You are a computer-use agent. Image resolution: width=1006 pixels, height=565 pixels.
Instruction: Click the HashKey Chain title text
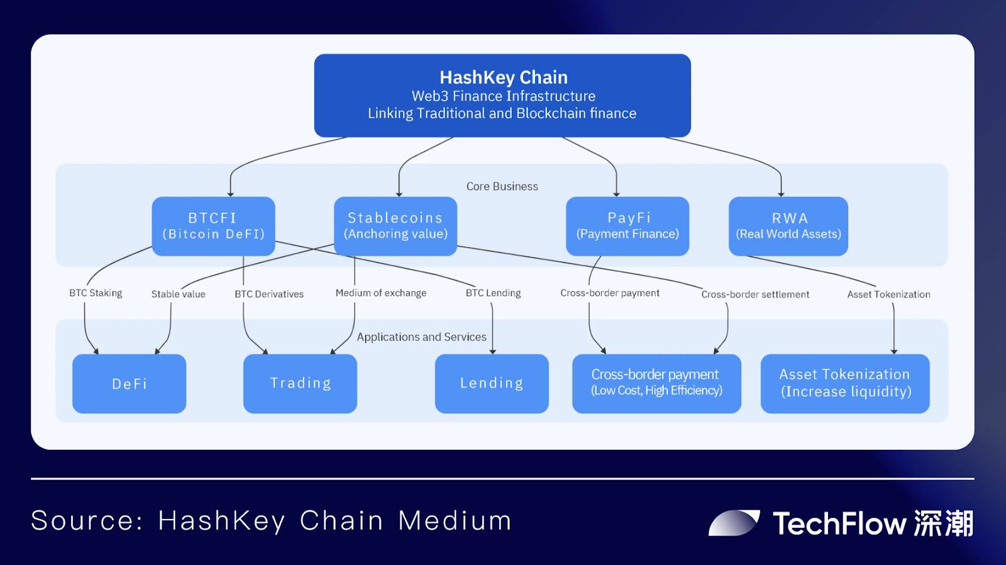(x=503, y=77)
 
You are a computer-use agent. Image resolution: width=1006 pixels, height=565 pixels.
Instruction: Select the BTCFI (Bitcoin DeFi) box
(x=213, y=226)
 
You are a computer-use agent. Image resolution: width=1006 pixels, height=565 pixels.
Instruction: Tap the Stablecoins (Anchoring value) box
(x=395, y=226)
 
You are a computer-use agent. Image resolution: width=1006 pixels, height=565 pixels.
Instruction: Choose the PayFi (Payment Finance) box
(x=627, y=226)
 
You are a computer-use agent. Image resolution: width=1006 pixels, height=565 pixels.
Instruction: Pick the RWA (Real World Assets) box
(x=788, y=226)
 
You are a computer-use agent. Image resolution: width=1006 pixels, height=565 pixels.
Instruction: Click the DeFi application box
(x=129, y=384)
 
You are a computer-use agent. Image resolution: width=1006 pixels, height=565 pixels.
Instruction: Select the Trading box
(x=300, y=384)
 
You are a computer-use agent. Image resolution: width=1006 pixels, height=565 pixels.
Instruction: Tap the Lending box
(x=492, y=384)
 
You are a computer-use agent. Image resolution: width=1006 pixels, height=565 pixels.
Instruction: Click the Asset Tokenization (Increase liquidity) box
(x=845, y=384)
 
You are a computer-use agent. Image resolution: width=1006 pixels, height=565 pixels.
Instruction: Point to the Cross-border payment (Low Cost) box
(x=656, y=384)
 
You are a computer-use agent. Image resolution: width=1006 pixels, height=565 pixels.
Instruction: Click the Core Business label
(x=502, y=186)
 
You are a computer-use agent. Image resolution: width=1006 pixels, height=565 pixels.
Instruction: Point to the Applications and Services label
(x=421, y=337)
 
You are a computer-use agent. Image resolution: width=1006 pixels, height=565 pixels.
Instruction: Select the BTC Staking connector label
(x=96, y=293)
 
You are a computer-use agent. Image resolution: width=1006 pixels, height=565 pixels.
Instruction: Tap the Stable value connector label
(x=178, y=294)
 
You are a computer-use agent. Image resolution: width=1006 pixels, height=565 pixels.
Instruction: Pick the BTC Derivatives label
(x=269, y=294)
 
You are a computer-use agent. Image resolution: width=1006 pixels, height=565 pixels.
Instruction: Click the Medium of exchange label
(x=380, y=293)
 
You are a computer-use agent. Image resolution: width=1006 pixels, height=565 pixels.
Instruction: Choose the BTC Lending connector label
(x=493, y=293)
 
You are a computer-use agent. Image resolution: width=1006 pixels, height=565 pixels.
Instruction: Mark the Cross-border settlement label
(x=755, y=294)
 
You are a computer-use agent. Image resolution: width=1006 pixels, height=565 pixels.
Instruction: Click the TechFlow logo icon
(x=734, y=523)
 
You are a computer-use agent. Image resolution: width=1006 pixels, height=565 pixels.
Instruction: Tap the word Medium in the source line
(x=455, y=521)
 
